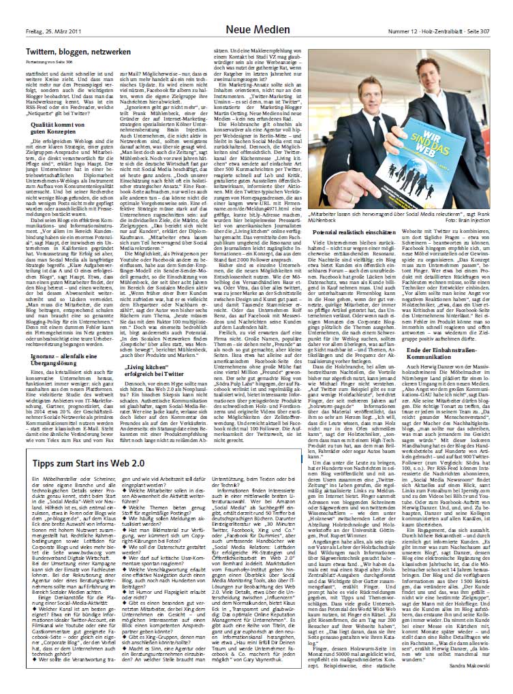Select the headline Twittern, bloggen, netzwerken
click(x=78, y=52)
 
